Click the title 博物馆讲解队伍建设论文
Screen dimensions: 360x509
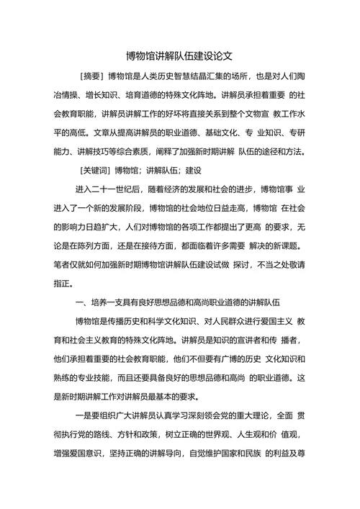(x=179, y=55)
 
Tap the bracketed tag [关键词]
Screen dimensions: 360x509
(x=97, y=171)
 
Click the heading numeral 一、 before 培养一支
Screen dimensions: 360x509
(x=82, y=301)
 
